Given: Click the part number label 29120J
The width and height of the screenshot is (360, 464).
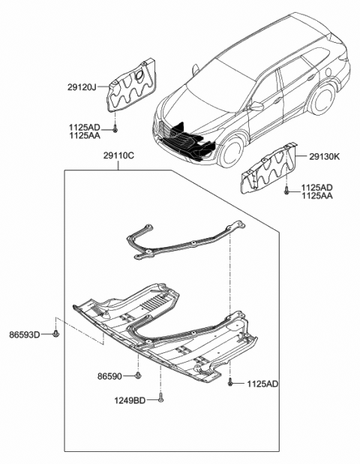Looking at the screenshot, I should tap(82, 88).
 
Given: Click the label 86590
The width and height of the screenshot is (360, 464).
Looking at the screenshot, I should tap(109, 373).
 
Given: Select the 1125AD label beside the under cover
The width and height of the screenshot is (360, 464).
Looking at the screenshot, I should tap(262, 384).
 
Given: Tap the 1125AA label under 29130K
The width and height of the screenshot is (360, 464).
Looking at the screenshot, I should tap(317, 195).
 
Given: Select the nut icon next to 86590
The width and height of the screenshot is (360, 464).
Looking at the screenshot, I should tap(139, 374).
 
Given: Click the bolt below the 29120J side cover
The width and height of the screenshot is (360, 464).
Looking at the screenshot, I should tap(115, 129).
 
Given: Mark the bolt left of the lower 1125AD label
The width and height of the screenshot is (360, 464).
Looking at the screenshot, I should tap(231, 383).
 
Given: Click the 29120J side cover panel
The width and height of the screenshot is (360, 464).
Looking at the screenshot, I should tap(130, 87).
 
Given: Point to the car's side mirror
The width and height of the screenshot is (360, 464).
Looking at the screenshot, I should tap(256, 107).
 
